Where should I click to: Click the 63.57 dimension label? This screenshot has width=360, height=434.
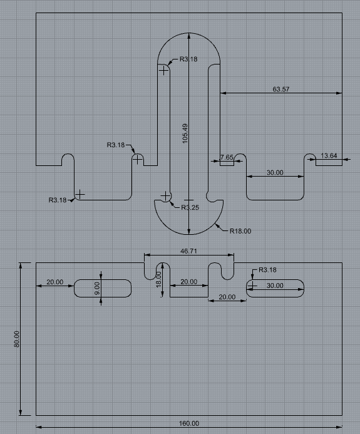[281, 90]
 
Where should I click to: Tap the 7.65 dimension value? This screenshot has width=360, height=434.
[227, 157]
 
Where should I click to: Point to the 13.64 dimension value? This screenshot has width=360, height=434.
[329, 156]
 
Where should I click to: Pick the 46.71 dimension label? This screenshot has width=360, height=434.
[189, 251]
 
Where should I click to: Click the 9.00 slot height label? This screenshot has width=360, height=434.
[97, 288]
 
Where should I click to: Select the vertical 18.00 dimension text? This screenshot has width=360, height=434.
[159, 279]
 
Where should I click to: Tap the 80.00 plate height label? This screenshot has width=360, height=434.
[17, 339]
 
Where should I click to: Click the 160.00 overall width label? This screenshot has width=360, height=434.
[189, 424]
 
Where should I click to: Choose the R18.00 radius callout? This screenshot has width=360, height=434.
[240, 231]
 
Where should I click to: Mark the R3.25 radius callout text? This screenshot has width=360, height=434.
[190, 208]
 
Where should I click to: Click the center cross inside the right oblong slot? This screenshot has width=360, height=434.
[252, 286]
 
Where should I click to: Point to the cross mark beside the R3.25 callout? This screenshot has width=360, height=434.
[165, 197]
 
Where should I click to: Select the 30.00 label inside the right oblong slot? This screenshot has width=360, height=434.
[275, 286]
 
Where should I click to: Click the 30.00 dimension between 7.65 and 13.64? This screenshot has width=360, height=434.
[275, 172]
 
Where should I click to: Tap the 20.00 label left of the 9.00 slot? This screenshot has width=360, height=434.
[55, 282]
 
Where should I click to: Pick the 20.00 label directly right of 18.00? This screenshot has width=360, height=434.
[188, 282]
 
